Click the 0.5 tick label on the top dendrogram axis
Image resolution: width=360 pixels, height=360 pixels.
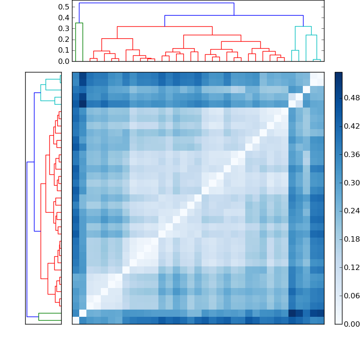(64, 7)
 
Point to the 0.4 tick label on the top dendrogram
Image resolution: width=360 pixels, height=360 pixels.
(64, 18)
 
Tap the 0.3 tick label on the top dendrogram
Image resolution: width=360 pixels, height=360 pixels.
(64, 28)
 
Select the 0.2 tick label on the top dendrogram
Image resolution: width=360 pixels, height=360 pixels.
(64, 39)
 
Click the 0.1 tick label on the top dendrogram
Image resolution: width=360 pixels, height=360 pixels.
(64, 50)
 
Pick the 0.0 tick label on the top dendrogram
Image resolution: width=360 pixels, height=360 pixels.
(64, 61)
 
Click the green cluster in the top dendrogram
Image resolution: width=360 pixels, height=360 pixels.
(79, 23)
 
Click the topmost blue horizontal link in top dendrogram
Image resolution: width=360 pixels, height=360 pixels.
(157, 3)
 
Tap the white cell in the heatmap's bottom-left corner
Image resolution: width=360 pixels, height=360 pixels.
(76, 320)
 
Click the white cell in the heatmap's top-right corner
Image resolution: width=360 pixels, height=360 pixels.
(320, 76)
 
